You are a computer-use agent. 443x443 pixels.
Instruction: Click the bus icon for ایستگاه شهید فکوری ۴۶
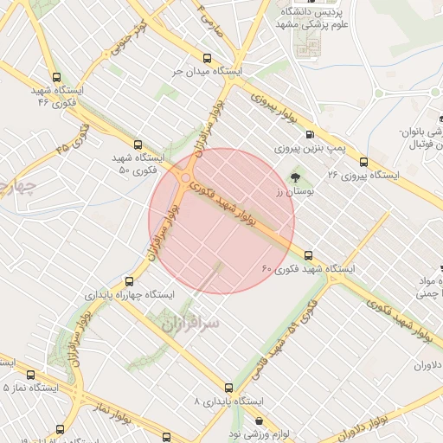(x=57, y=77)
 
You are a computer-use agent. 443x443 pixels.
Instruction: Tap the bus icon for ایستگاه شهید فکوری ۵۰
(x=138, y=144)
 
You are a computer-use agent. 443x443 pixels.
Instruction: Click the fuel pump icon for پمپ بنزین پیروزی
(x=310, y=134)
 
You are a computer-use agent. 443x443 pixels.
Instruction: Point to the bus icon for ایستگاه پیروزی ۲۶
(x=363, y=161)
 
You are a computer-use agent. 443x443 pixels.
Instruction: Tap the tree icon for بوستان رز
(x=296, y=178)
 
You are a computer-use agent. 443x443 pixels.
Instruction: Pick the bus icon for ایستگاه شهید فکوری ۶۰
(x=308, y=254)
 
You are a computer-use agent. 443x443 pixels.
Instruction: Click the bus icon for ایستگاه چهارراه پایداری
(x=130, y=281)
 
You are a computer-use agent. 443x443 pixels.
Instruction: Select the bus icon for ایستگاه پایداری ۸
(x=228, y=388)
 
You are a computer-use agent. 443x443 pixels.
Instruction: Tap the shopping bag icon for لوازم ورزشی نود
(x=258, y=420)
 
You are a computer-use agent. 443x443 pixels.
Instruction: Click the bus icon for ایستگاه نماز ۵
(x=31, y=375)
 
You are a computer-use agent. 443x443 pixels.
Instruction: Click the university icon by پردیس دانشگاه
(x=287, y=15)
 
